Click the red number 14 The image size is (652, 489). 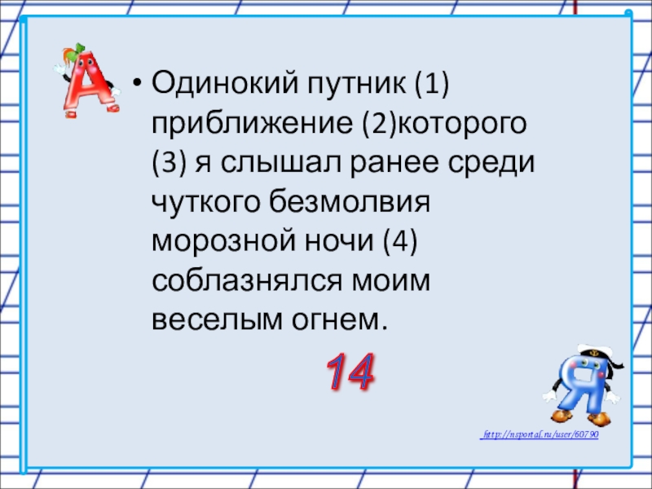[351, 372]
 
